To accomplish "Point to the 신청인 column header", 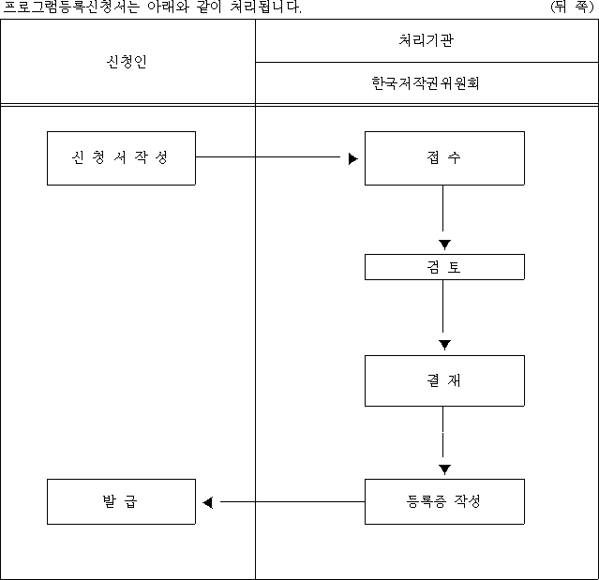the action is click(x=127, y=62).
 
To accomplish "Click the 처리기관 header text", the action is click(x=427, y=40).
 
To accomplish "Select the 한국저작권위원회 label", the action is click(x=426, y=82).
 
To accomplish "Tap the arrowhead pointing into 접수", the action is click(x=353, y=158).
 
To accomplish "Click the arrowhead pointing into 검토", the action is click(x=444, y=245).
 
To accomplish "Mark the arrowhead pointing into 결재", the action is click(x=444, y=345).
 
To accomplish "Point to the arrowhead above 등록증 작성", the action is click(x=444, y=469).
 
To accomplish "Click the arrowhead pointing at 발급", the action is click(x=208, y=502).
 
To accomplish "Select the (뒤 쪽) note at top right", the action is click(x=572, y=7).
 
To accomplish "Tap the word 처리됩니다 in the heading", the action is click(x=265, y=7).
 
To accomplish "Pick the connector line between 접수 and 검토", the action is click(x=442, y=208).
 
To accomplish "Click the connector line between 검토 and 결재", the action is click(x=442, y=306).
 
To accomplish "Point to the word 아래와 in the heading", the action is click(x=169, y=7).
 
